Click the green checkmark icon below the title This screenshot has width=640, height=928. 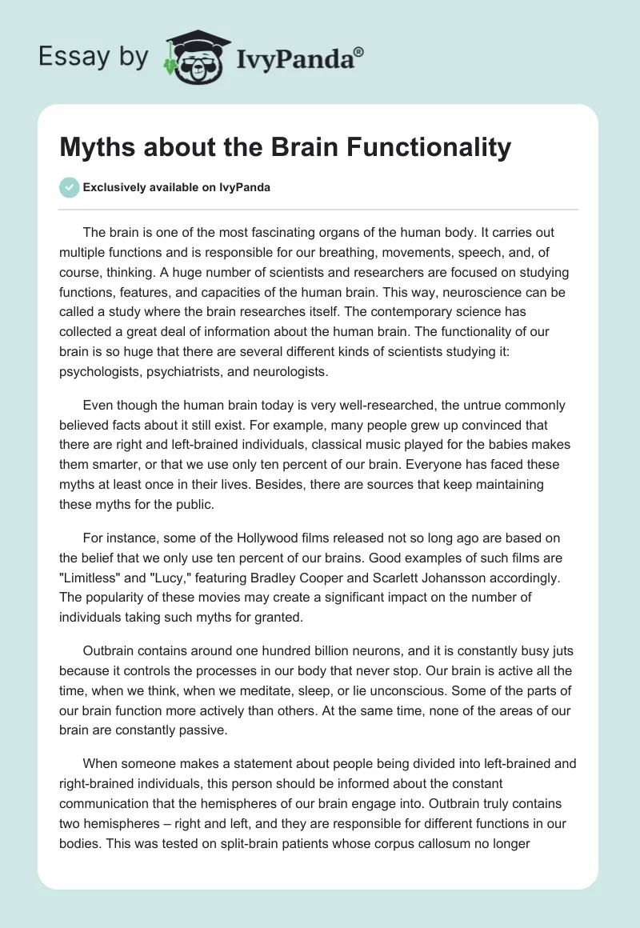(x=70, y=188)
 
